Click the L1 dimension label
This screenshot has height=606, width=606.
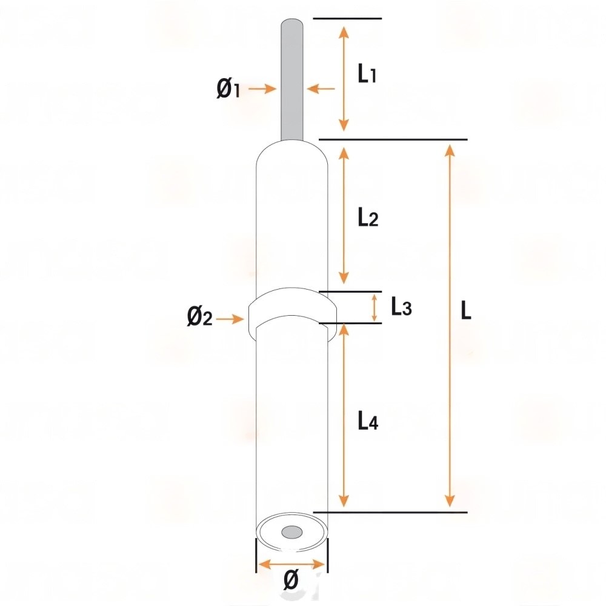pyautogui.click(x=367, y=73)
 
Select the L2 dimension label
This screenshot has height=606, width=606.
pyautogui.click(x=368, y=217)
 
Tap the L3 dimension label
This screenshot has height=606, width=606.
pyautogui.click(x=401, y=307)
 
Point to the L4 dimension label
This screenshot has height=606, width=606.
pyautogui.click(x=368, y=421)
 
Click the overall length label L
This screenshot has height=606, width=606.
pyautogui.click(x=466, y=310)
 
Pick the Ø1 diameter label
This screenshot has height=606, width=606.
pyautogui.click(x=228, y=88)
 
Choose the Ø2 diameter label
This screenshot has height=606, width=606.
pyautogui.click(x=199, y=317)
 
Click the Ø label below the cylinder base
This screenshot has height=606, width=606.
pyautogui.click(x=291, y=580)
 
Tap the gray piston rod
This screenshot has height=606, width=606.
pyautogui.click(x=292, y=79)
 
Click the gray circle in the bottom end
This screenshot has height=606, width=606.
pyautogui.click(x=292, y=532)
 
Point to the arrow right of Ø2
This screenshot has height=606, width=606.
pyautogui.click(x=230, y=319)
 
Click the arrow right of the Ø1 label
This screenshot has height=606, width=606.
pyautogui.click(x=262, y=88)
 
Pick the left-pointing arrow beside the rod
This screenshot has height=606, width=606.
pyautogui.click(x=321, y=88)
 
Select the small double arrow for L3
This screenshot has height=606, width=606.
pyautogui.click(x=374, y=308)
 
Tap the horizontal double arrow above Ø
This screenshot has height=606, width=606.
pyautogui.click(x=291, y=565)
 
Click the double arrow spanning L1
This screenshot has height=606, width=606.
pyautogui.click(x=344, y=78)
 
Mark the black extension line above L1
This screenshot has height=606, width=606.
pyautogui.click(x=347, y=18)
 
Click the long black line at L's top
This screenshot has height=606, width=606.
pyautogui.click(x=393, y=139)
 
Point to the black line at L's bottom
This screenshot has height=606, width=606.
pyautogui.click(x=390, y=513)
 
